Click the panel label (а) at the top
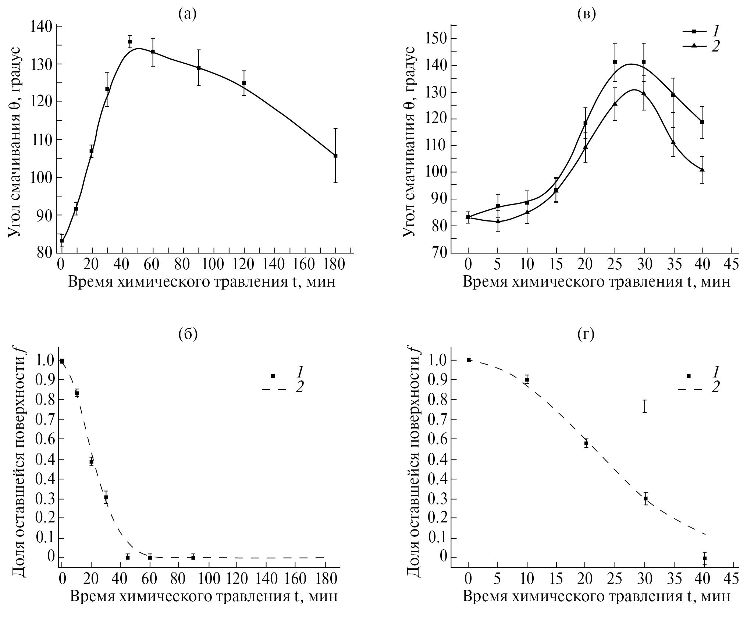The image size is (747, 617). [x=187, y=14]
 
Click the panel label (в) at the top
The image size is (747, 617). [x=587, y=14]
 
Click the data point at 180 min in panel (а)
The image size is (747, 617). [x=335, y=156]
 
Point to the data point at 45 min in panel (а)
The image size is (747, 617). [x=130, y=42]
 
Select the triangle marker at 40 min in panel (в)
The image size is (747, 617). [x=702, y=170]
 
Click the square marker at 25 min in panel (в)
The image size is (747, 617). [x=615, y=62]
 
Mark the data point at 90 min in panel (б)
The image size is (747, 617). [x=193, y=568]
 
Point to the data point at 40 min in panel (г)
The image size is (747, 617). [x=704, y=568]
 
